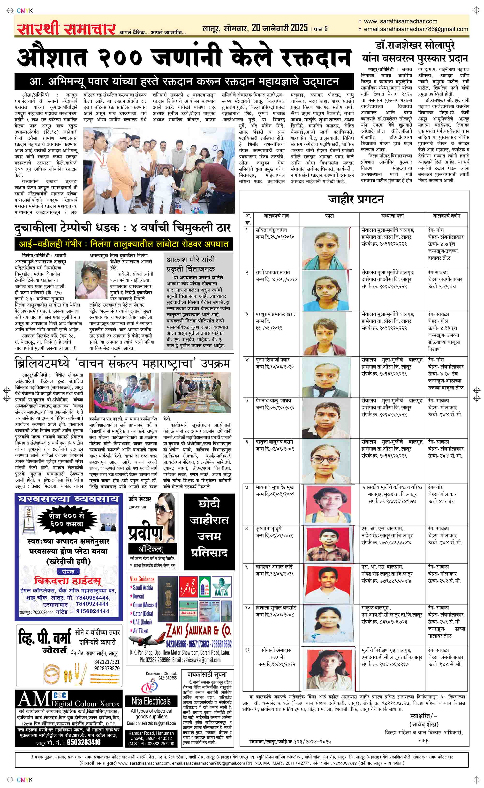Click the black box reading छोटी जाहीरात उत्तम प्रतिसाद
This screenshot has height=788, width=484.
pos(209,532)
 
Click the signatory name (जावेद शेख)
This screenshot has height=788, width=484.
pos(423,725)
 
